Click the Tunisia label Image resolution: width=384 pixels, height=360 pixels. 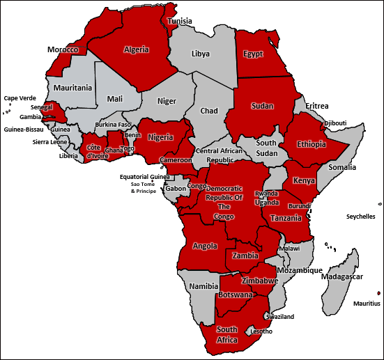[180, 22]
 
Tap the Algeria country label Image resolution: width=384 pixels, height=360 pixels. [136, 49]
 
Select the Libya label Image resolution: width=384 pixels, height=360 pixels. [200, 54]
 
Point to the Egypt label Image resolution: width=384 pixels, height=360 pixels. [253, 54]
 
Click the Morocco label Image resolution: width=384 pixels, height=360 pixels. [63, 50]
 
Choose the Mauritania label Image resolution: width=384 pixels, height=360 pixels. [70, 88]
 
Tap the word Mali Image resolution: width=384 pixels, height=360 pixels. [115, 99]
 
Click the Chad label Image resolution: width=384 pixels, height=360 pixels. [209, 111]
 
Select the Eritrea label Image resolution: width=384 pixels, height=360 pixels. [316, 106]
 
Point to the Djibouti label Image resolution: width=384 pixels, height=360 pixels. [335, 123]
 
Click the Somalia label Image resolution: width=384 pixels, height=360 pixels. [342, 167]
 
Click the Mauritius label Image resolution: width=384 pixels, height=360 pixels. [366, 304]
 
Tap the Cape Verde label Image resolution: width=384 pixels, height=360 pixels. [19, 98]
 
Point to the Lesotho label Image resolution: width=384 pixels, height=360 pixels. [261, 331]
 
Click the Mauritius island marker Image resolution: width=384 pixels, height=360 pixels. [378, 293]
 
